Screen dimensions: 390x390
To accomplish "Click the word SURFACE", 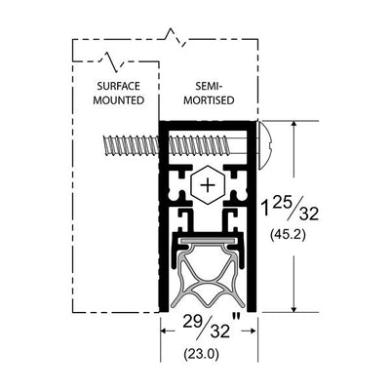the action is pyautogui.click(x=119, y=86).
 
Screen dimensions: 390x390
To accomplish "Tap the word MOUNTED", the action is pyautogui.click(x=119, y=100).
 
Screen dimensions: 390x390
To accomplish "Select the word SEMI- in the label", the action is pyautogui.click(x=209, y=86).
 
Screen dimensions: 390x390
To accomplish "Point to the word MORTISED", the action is pyautogui.click(x=209, y=100).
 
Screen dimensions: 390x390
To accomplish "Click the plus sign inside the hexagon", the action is pyautogui.click(x=208, y=185).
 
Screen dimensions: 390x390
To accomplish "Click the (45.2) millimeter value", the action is pyautogui.click(x=288, y=235).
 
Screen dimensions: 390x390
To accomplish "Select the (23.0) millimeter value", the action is pyautogui.click(x=202, y=353).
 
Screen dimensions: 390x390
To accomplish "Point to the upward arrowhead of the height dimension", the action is pyautogui.click(x=294, y=126).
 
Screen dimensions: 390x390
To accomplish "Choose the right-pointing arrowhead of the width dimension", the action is pyautogui.click(x=253, y=331).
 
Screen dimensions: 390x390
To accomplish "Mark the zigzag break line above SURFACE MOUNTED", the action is pyautogui.click(x=112, y=60).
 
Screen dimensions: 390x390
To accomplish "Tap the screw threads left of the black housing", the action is pyautogui.click(x=131, y=144).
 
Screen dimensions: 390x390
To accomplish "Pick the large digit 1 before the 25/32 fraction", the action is pyautogui.click(x=265, y=209).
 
